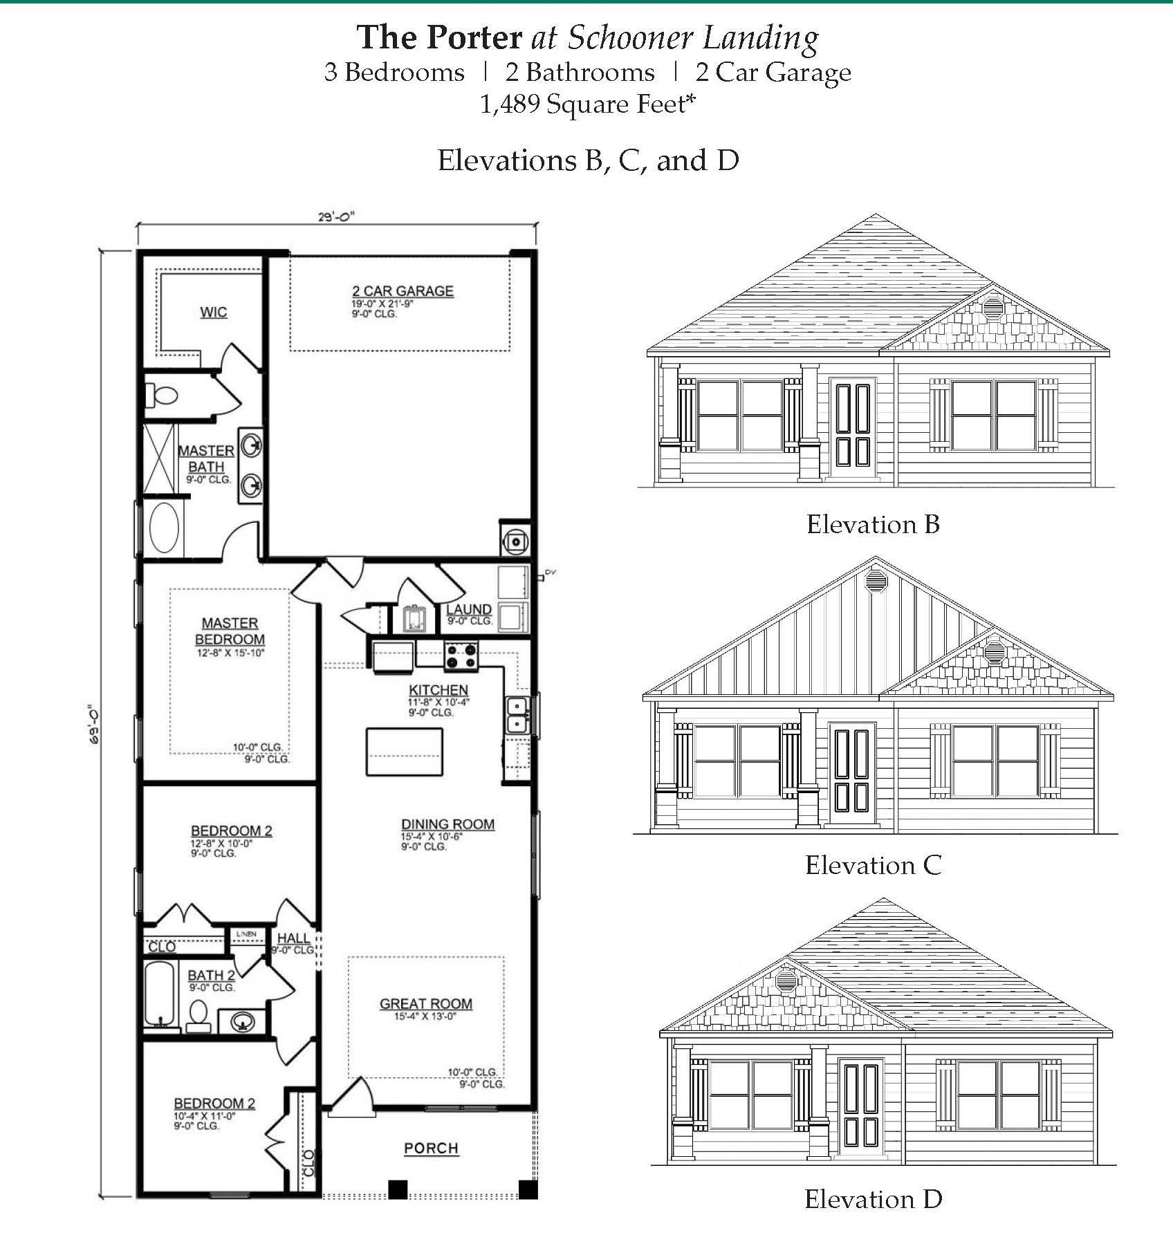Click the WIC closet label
pyautogui.click(x=213, y=312)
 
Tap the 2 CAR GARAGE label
pyautogui.click(x=403, y=291)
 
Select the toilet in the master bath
pyautogui.click(x=163, y=396)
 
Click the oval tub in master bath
pyautogui.click(x=164, y=527)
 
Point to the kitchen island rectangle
pyautogui.click(x=404, y=752)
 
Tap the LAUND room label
pyautogui.click(x=469, y=609)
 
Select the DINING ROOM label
pyautogui.click(x=447, y=824)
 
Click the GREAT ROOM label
pyautogui.click(x=425, y=1003)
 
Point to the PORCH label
pyautogui.click(x=431, y=1149)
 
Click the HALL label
pyautogui.click(x=293, y=938)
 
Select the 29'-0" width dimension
pyautogui.click(x=336, y=216)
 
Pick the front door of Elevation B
pyautogui.click(x=853, y=427)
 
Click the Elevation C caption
pyautogui.click(x=873, y=865)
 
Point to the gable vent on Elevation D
pyautogui.click(x=786, y=979)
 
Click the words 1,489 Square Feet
pyautogui.click(x=586, y=104)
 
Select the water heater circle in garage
pyautogui.click(x=516, y=541)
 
